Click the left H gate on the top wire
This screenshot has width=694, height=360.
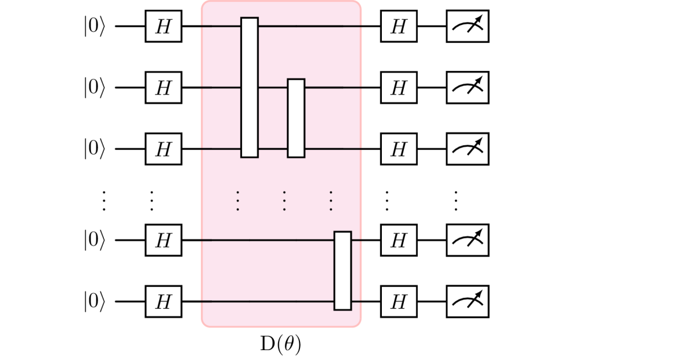pos(164,26)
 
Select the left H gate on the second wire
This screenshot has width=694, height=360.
pos(164,88)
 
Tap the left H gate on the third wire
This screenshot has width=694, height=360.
pos(164,149)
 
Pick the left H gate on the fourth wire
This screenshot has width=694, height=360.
pos(164,240)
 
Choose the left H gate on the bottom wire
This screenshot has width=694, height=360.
pos(164,301)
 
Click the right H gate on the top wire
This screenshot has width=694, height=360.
pos(399,26)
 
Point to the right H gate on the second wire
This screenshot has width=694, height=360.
pos(399,88)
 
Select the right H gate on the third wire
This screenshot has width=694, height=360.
pos(399,149)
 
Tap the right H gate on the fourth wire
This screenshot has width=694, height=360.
pos(399,240)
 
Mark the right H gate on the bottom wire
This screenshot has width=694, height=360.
pos(399,301)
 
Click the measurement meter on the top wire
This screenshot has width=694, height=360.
pos(467,26)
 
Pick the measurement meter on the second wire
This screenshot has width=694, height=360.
pos(467,88)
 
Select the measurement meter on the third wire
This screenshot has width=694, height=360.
pos(467,149)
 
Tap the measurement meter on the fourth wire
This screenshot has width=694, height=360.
pos(467,240)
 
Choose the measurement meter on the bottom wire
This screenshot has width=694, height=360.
pos(467,301)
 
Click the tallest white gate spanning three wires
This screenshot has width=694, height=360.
pos(250,88)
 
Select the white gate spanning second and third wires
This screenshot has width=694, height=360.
pos(296,118)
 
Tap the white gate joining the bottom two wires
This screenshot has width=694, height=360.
pos(342,271)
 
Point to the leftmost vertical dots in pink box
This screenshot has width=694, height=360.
pos(238,200)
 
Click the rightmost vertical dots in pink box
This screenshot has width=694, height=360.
pos(331,200)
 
